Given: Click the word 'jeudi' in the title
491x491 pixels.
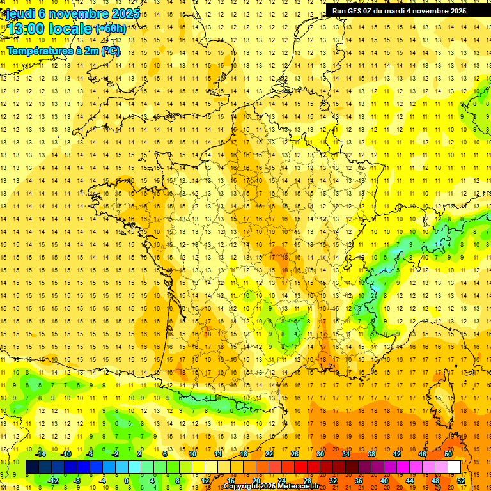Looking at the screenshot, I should coord(20,13).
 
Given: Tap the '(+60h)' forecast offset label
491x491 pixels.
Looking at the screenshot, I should coord(110,29).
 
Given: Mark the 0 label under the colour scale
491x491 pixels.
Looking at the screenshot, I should coord(127,481).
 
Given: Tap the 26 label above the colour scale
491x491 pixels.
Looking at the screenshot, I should coord(295,454).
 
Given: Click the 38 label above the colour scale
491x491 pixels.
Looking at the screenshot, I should coord(371,454).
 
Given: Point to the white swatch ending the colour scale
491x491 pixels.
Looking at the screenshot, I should coord(455,467).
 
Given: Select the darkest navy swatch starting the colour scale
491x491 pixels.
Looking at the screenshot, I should coord(32,467).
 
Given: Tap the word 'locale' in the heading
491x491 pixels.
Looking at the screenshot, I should coord(69,29).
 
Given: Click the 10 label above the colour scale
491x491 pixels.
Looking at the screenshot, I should coord(192,454).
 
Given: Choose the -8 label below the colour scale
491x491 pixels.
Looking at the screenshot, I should coord(77,481).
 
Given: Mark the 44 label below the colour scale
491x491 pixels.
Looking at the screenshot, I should coord(410,481).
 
